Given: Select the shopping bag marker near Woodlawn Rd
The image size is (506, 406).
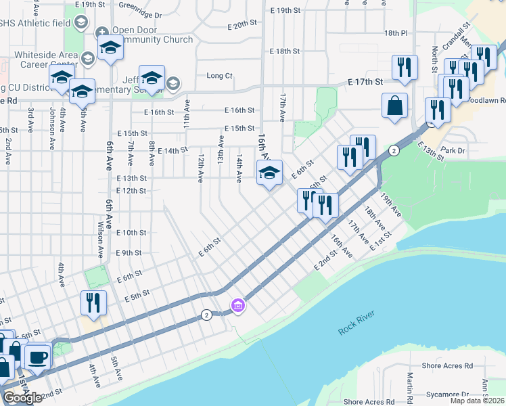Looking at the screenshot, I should click(x=394, y=106).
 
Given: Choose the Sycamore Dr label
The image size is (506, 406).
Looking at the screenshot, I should click(x=447, y=394).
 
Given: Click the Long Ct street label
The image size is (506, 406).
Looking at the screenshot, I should click(x=219, y=76).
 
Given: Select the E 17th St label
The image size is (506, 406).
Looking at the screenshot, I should click(x=365, y=81).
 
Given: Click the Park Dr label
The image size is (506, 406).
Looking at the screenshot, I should click(x=453, y=150).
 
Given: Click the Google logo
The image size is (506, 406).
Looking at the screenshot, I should click(x=22, y=398).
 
